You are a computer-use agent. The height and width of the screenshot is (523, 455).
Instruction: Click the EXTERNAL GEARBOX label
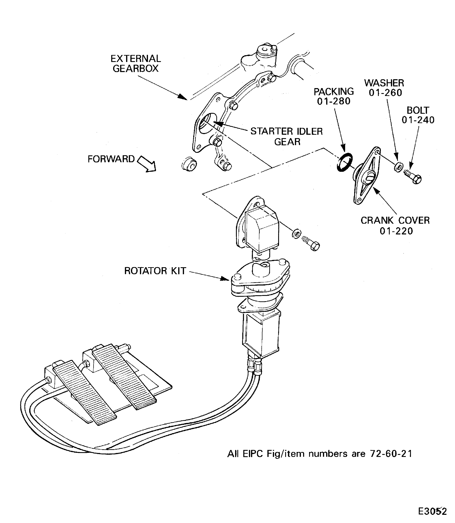coord(136,64)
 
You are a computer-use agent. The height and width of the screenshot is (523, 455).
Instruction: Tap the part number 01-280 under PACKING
coord(334,101)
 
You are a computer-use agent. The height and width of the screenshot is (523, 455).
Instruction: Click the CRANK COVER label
coord(395,220)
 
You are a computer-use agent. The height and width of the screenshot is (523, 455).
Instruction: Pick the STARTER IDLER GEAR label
coord(286,136)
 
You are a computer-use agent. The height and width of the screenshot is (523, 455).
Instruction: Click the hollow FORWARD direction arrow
coord(147,164)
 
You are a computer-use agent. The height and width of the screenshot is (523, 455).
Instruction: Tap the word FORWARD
coord(111,159)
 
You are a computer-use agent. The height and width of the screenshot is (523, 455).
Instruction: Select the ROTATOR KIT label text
coord(155,271)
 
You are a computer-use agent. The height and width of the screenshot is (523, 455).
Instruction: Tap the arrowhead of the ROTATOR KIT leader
coord(226,279)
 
